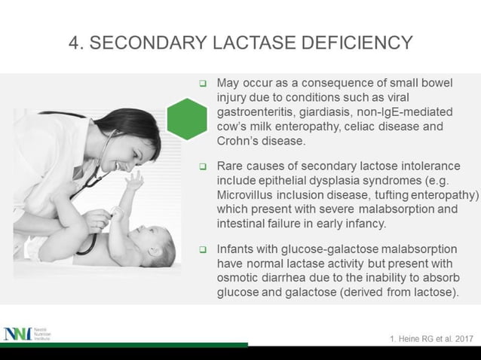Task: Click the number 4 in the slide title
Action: (x=74, y=42)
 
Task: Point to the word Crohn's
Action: (x=240, y=140)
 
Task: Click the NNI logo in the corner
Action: (x=17, y=334)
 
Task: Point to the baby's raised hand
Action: (x=134, y=181)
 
